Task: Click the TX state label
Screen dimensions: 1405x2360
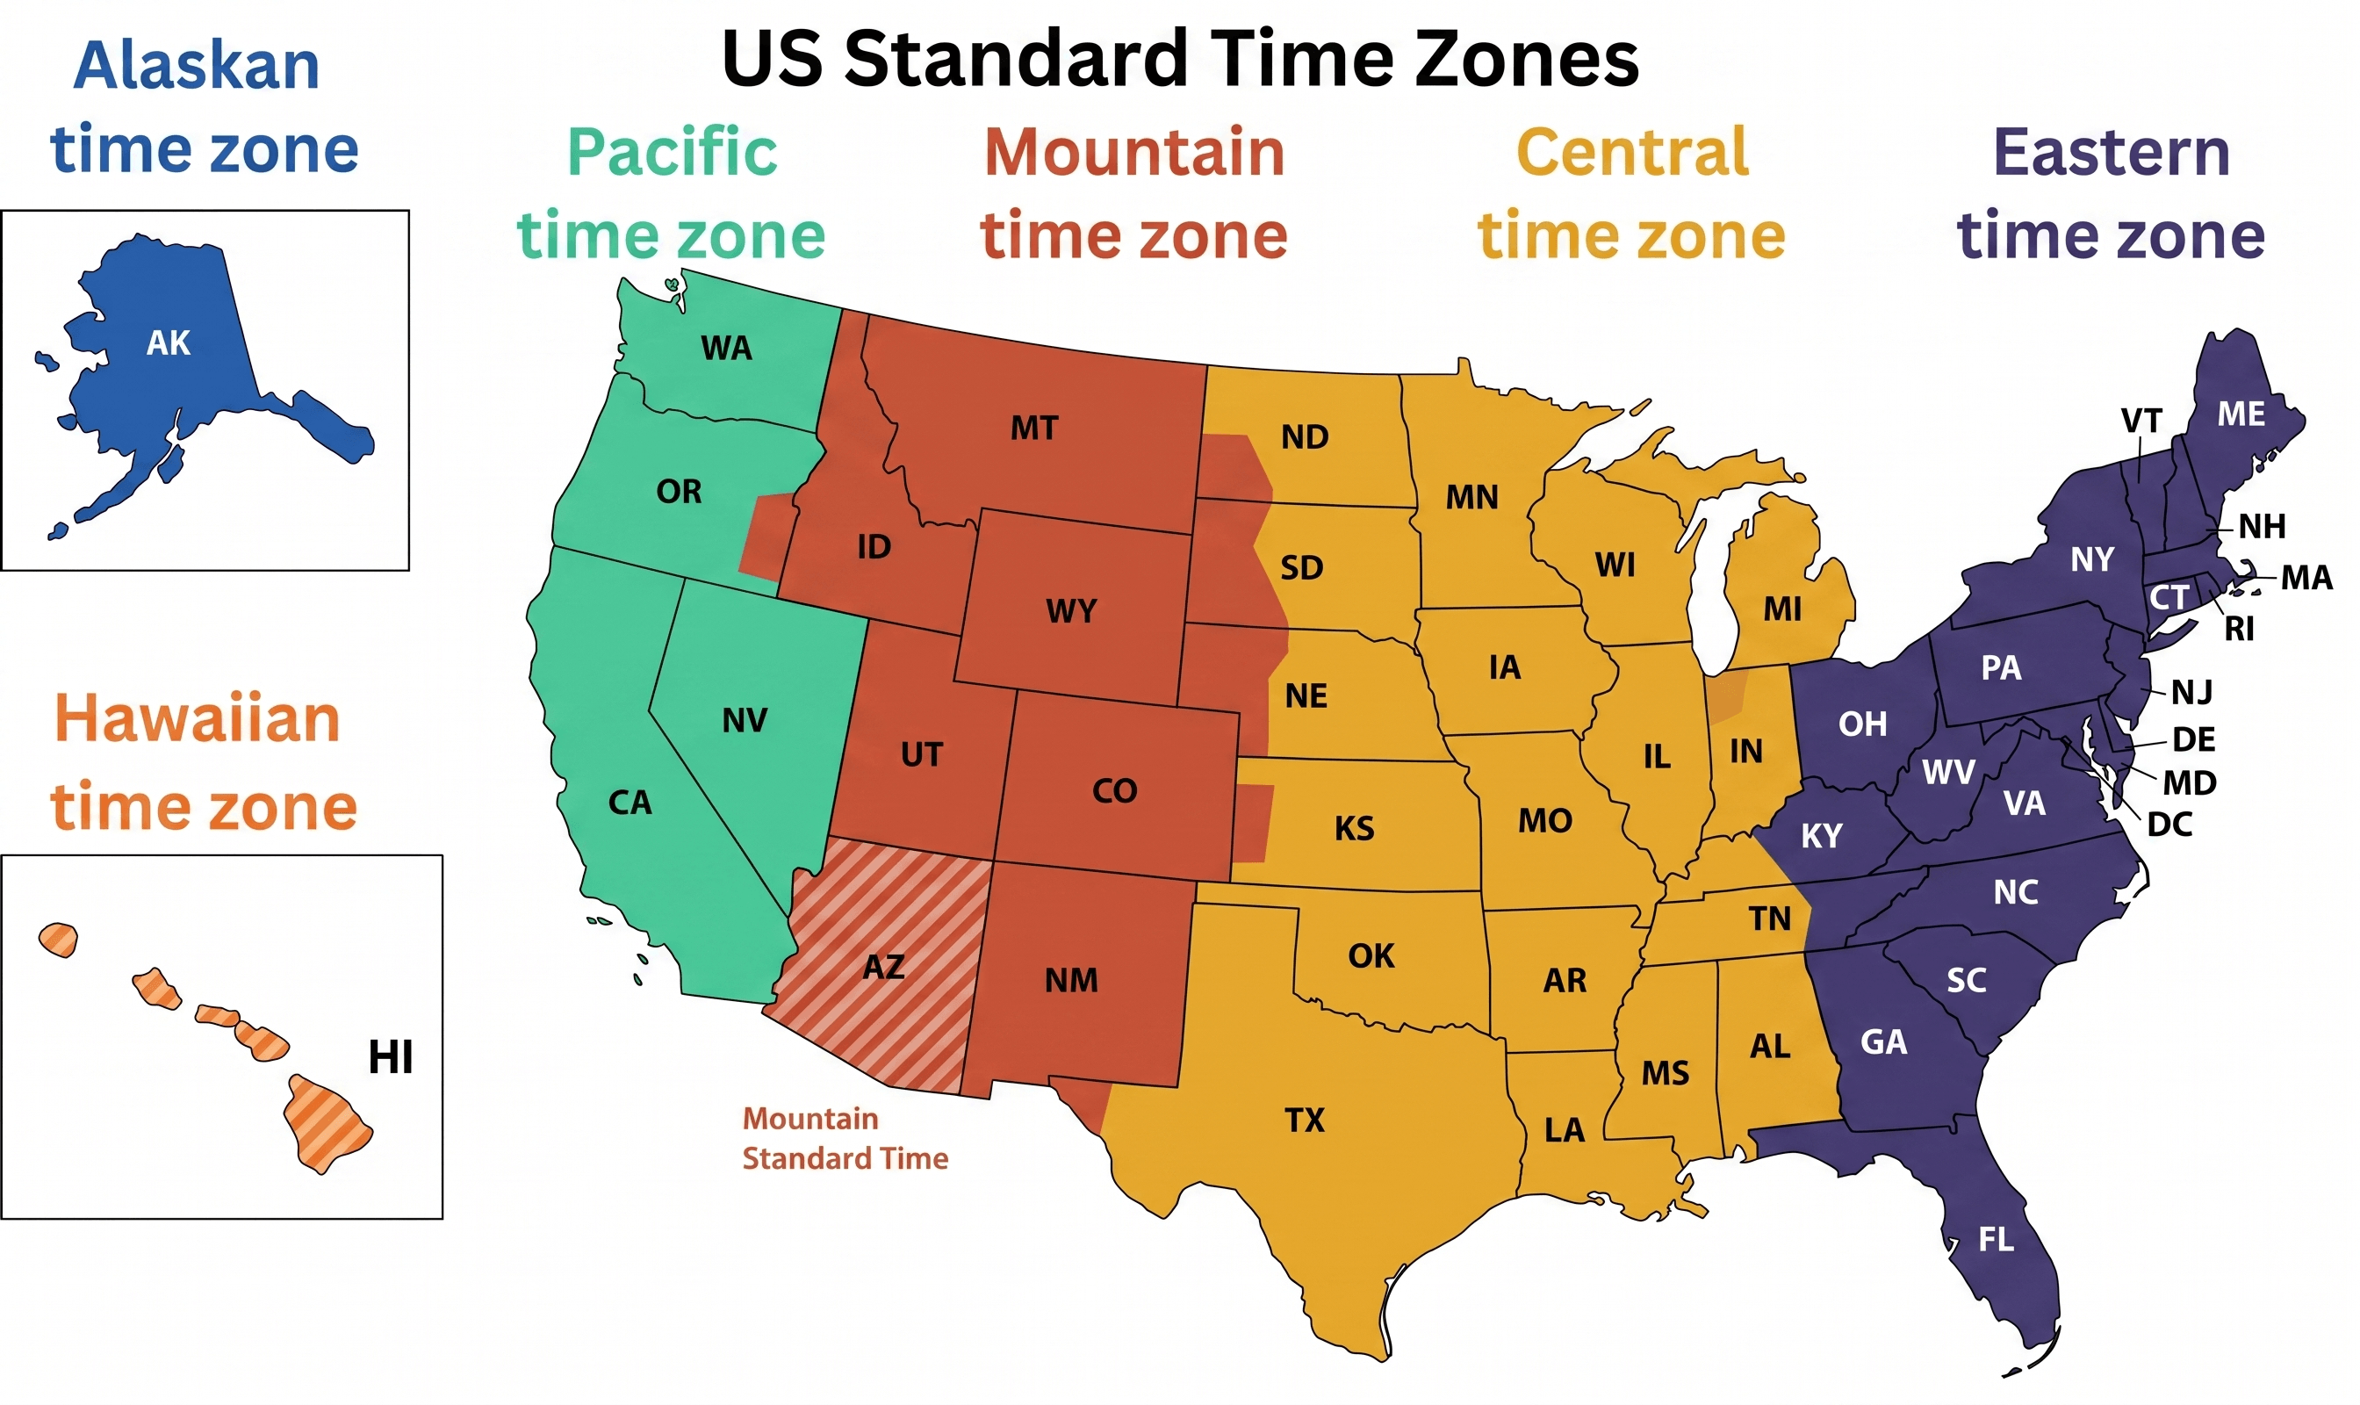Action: (x=1304, y=1120)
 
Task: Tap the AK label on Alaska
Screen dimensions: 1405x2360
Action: (x=169, y=342)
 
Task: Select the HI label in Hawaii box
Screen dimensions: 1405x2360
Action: (x=390, y=1056)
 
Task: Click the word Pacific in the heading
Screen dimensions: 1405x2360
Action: (x=673, y=152)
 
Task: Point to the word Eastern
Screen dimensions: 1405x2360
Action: (x=2111, y=152)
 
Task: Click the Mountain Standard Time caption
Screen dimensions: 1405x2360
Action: (x=845, y=1138)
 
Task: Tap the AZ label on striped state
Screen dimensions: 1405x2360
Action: (x=883, y=967)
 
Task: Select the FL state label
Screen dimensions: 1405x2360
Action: (x=1996, y=1239)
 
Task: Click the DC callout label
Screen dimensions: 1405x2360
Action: (x=2169, y=825)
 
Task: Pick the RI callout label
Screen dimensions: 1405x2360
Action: (x=2239, y=629)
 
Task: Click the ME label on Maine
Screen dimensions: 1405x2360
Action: (x=2241, y=414)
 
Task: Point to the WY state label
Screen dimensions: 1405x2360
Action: (x=1070, y=610)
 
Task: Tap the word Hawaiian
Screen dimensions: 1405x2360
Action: (x=197, y=718)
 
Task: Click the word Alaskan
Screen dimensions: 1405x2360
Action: (x=197, y=65)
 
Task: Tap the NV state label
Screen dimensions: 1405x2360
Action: (x=744, y=720)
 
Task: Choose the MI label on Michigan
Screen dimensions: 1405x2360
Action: (x=1781, y=609)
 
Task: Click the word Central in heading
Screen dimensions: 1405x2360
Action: (x=1632, y=152)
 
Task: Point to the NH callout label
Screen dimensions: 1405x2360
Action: (x=2262, y=526)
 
